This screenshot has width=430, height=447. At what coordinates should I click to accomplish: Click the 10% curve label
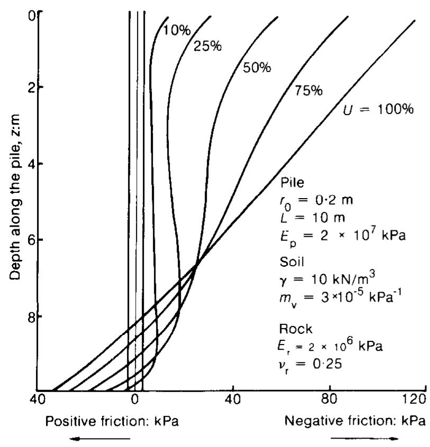pyautogui.click(x=177, y=30)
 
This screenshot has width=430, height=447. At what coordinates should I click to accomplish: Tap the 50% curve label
pyautogui.click(x=257, y=68)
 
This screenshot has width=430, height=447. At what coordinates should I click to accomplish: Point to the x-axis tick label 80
pyautogui.click(x=330, y=401)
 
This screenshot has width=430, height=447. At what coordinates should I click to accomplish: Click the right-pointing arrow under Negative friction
pyautogui.click(x=365, y=438)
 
